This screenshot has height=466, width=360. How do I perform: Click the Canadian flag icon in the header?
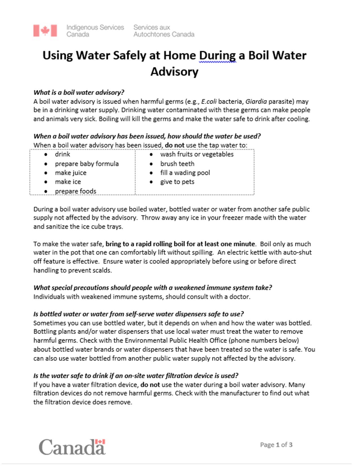[45, 31]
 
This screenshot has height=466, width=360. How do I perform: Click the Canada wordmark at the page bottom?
[72, 447]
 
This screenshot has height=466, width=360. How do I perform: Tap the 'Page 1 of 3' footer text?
[276, 445]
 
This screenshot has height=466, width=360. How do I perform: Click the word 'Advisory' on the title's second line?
[174, 71]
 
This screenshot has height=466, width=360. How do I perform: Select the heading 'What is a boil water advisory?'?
[79, 92]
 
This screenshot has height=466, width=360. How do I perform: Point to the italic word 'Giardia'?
[256, 101]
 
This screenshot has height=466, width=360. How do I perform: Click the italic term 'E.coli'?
[209, 101]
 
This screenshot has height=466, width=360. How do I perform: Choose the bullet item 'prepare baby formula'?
[87, 164]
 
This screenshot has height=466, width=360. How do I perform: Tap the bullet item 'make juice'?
[71, 173]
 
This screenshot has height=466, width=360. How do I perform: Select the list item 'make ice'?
[68, 182]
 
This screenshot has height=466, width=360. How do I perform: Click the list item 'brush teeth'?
[177, 164]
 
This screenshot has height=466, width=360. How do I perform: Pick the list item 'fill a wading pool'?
[185, 173]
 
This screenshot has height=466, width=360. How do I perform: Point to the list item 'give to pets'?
[177, 182]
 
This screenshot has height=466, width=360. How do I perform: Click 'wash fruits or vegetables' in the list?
[197, 154]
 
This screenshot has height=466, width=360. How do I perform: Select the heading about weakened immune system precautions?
[152, 288]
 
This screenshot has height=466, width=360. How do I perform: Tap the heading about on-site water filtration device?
[136, 376]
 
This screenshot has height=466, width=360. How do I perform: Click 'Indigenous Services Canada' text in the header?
[95, 31]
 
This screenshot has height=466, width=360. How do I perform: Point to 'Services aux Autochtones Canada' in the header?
[164, 31]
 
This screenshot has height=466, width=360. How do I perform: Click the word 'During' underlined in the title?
[217, 55]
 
